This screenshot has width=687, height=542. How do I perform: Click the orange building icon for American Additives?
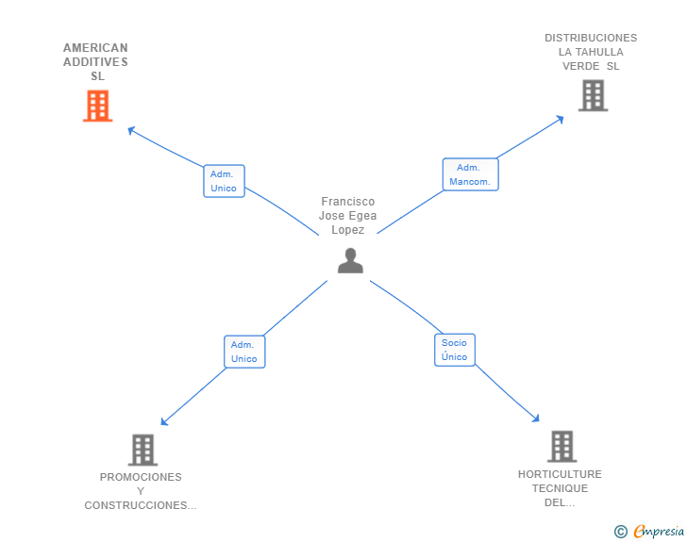pyautogui.click(x=98, y=106)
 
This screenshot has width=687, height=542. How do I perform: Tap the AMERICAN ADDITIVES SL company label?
pyautogui.click(x=96, y=61)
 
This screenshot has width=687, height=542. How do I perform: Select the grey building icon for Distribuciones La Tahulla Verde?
pyautogui.click(x=593, y=95)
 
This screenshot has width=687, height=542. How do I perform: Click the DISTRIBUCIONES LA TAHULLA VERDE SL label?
pyautogui.click(x=591, y=52)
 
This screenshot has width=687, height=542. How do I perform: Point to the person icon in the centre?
pyautogui.click(x=350, y=260)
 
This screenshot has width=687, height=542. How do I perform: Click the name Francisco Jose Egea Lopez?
pyautogui.click(x=348, y=216)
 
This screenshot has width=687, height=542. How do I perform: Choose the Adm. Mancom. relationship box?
pyautogui.click(x=471, y=174)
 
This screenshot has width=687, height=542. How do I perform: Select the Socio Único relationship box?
pyautogui.click(x=455, y=350)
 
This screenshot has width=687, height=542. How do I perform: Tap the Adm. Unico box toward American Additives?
pyautogui.click(x=224, y=181)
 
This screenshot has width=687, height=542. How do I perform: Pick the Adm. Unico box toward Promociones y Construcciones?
pyautogui.click(x=244, y=352)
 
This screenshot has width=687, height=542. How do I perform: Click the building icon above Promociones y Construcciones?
pyautogui.click(x=142, y=450)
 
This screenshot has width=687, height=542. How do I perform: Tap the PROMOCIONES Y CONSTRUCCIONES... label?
pyautogui.click(x=141, y=491)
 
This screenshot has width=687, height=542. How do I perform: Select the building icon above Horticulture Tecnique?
pyautogui.click(x=562, y=447)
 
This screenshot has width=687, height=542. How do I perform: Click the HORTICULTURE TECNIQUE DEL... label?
pyautogui.click(x=560, y=488)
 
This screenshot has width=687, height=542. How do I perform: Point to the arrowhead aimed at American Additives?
pyautogui.click(x=130, y=130)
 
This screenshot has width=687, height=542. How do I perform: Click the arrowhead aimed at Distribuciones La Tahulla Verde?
pyautogui.click(x=560, y=119)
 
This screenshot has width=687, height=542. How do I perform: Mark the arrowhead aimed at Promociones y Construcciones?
pyautogui.click(x=164, y=421)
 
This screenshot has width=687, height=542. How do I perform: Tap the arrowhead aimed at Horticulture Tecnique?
pyautogui.click(x=536, y=419)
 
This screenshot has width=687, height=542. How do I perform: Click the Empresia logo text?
pyautogui.click(x=659, y=531)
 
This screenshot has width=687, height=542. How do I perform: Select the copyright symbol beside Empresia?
pyautogui.click(x=621, y=532)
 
